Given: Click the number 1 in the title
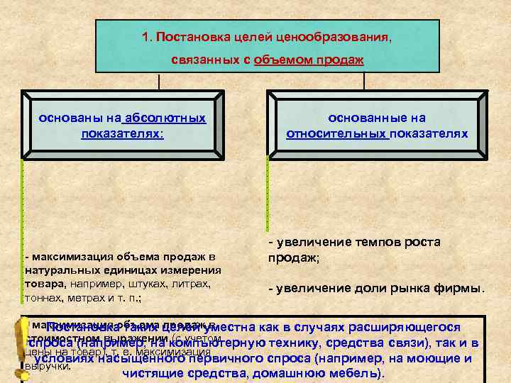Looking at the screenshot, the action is tap(144, 36).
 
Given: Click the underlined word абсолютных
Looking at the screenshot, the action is tap(165, 118).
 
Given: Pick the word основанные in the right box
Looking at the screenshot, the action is tap(366, 118).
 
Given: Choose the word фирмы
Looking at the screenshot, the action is tap(458, 289).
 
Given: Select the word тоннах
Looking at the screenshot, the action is tap(42, 298).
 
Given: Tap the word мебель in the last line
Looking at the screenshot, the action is tap(352, 373).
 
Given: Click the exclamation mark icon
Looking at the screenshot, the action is tap(13, 346).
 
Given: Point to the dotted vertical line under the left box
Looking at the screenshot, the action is tap(23, 206).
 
